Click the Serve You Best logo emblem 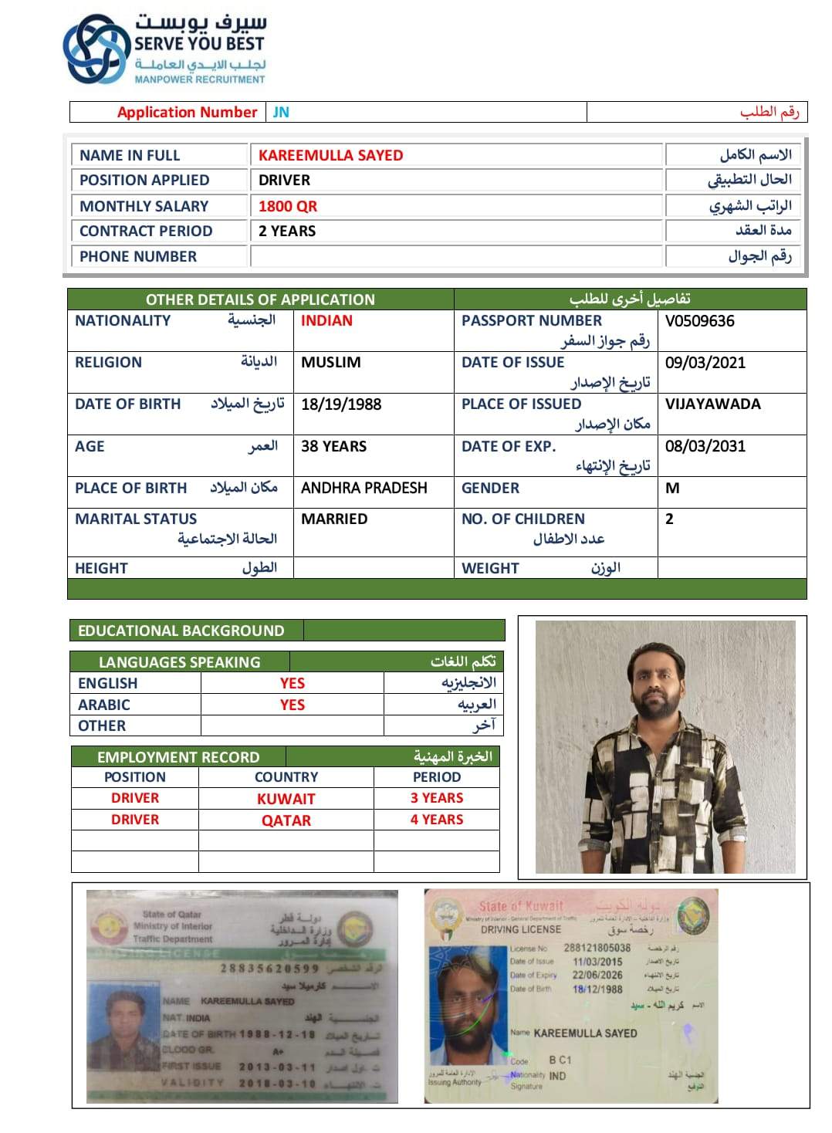click(x=96, y=48)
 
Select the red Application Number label click(x=187, y=112)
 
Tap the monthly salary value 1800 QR click(x=288, y=206)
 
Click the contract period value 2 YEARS click(x=287, y=231)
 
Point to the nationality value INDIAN click(x=326, y=320)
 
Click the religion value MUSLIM click(x=330, y=362)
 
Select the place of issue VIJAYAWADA click(x=712, y=404)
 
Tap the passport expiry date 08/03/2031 click(x=705, y=445)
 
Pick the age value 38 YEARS click(x=333, y=446)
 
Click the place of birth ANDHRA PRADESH click(x=364, y=488)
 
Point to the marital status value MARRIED click(x=334, y=519)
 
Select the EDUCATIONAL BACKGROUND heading click(x=181, y=631)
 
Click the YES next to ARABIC click(x=293, y=705)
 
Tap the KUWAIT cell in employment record click(x=286, y=799)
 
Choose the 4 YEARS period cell click(x=437, y=820)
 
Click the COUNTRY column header click(x=286, y=777)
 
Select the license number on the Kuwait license click(x=597, y=948)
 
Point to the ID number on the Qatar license click(x=269, y=968)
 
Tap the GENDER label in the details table click(x=490, y=488)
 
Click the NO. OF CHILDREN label click(x=523, y=519)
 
